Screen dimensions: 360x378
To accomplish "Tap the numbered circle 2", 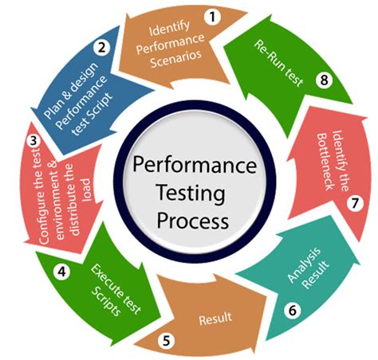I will pyautogui.click(x=102, y=47).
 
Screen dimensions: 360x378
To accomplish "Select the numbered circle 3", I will pyautogui.click(x=33, y=142).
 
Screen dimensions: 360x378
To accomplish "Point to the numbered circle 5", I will pyautogui.click(x=166, y=340).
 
